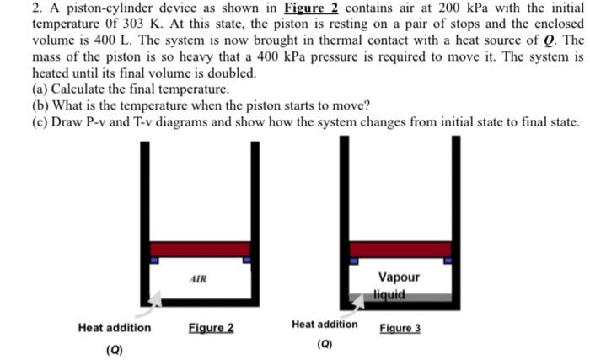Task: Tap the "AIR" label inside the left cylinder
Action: [x=198, y=277]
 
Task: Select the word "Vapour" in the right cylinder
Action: [x=399, y=277]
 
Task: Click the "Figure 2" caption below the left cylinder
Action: [x=211, y=327]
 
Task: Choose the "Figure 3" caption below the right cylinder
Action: [x=400, y=326]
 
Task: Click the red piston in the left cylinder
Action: [x=201, y=249]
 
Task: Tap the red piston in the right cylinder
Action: [x=400, y=249]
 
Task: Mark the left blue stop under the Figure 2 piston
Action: [x=154, y=261]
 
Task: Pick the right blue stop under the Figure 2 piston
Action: [x=246, y=261]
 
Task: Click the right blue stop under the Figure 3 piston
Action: [x=448, y=261]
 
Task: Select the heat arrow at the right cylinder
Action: [x=353, y=296]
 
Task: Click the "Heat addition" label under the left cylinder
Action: [x=115, y=327]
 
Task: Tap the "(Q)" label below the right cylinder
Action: [x=324, y=344]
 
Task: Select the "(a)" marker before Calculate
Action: [x=40, y=88]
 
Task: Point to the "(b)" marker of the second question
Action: [x=40, y=105]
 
